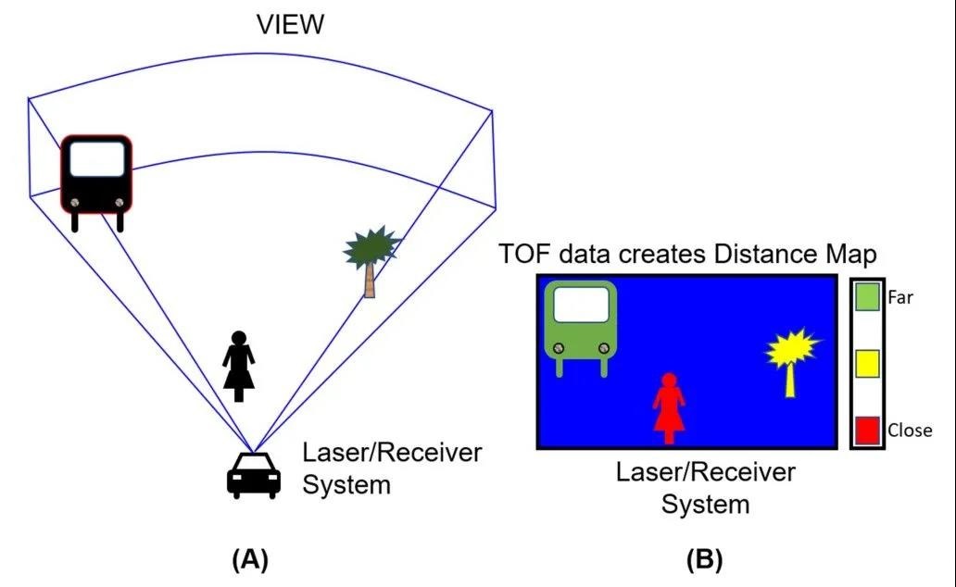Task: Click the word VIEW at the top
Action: [x=291, y=24]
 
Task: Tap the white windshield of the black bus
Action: [x=96, y=158]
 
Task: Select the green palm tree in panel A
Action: [x=371, y=248]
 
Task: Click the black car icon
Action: [x=254, y=475]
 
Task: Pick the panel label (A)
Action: [x=250, y=558]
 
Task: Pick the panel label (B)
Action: [x=704, y=558]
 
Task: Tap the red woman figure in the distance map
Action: [x=668, y=407]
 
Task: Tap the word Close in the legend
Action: [x=910, y=430]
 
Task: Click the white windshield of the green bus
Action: [x=581, y=304]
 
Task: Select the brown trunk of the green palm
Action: [x=370, y=279]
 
